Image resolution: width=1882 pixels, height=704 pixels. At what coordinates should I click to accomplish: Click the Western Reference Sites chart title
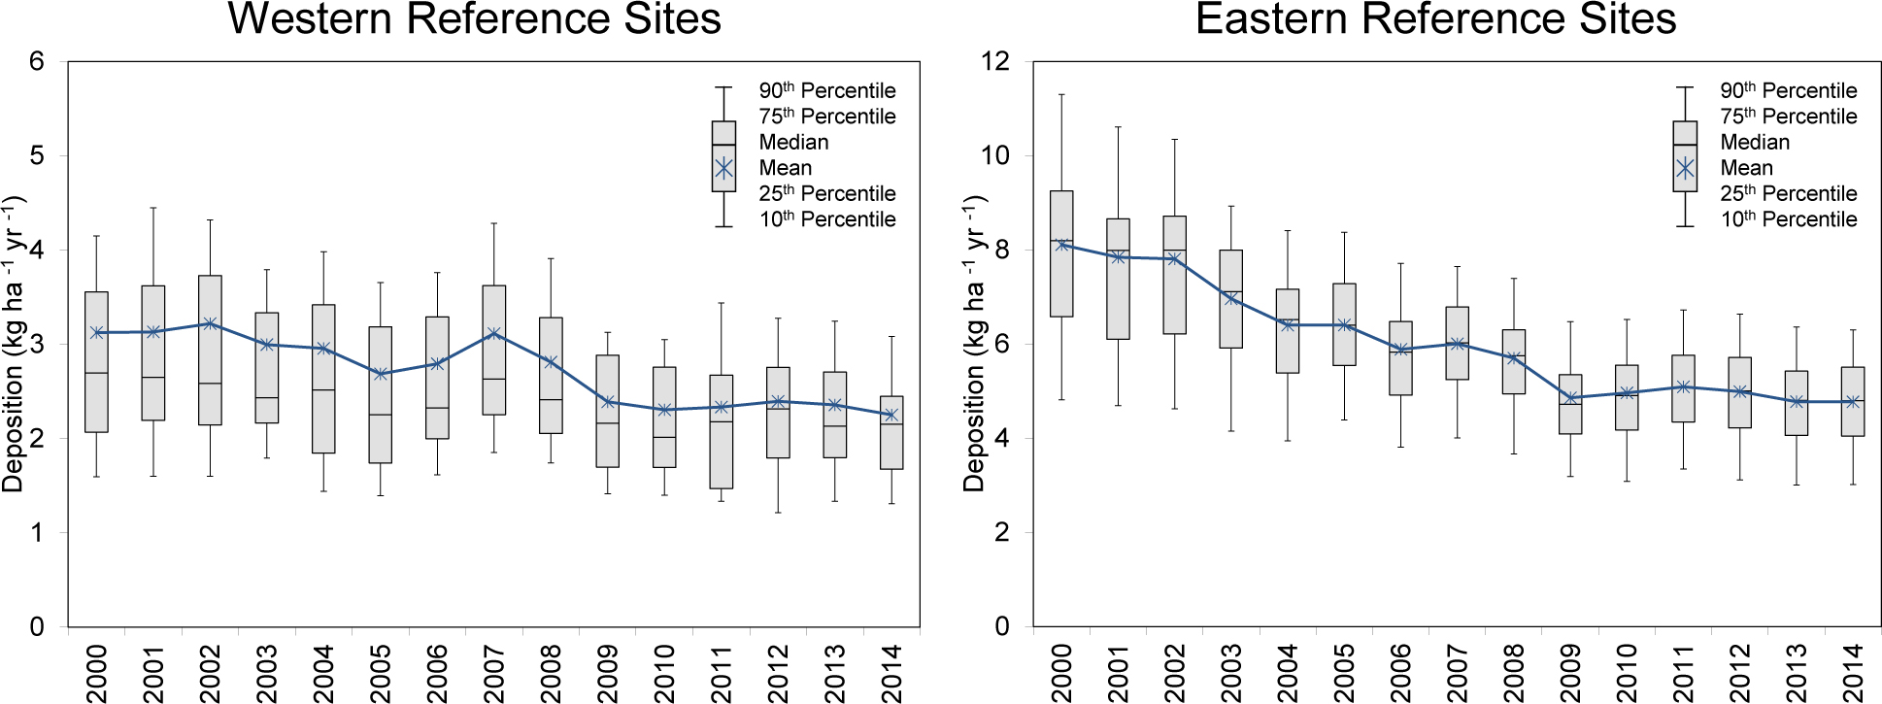point(474,19)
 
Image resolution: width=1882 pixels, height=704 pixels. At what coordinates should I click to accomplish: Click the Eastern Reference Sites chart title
point(1435,19)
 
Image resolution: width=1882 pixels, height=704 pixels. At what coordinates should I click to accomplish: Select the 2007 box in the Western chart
point(493,350)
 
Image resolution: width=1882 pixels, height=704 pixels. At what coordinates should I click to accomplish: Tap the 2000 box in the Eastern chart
point(1061,253)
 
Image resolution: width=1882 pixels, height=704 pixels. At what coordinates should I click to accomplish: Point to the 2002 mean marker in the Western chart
point(210,323)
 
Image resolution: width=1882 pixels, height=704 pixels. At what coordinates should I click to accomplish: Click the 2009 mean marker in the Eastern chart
point(1570,398)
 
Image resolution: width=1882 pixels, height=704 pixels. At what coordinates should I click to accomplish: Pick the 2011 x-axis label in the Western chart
point(722,672)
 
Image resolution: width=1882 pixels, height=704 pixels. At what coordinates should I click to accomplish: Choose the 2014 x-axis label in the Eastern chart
point(1853,672)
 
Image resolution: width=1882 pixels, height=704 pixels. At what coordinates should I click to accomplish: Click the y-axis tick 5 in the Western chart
point(37,155)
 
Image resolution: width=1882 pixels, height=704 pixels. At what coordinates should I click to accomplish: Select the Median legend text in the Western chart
point(793,142)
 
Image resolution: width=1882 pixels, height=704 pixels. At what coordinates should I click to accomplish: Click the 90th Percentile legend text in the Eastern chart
point(1788,90)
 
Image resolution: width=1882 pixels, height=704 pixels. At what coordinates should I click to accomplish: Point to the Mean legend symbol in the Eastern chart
point(1685,168)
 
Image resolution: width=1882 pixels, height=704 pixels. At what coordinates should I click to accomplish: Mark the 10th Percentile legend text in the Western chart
point(827,219)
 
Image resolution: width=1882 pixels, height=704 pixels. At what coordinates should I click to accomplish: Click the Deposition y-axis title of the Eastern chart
point(974,344)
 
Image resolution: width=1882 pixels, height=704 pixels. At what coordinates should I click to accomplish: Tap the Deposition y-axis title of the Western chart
point(13,344)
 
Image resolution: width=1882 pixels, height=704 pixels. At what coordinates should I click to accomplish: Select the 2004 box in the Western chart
point(323,379)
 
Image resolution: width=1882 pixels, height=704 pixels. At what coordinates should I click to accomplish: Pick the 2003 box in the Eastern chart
point(1230,299)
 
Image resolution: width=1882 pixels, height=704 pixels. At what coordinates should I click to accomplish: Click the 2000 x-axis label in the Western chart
point(97,672)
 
